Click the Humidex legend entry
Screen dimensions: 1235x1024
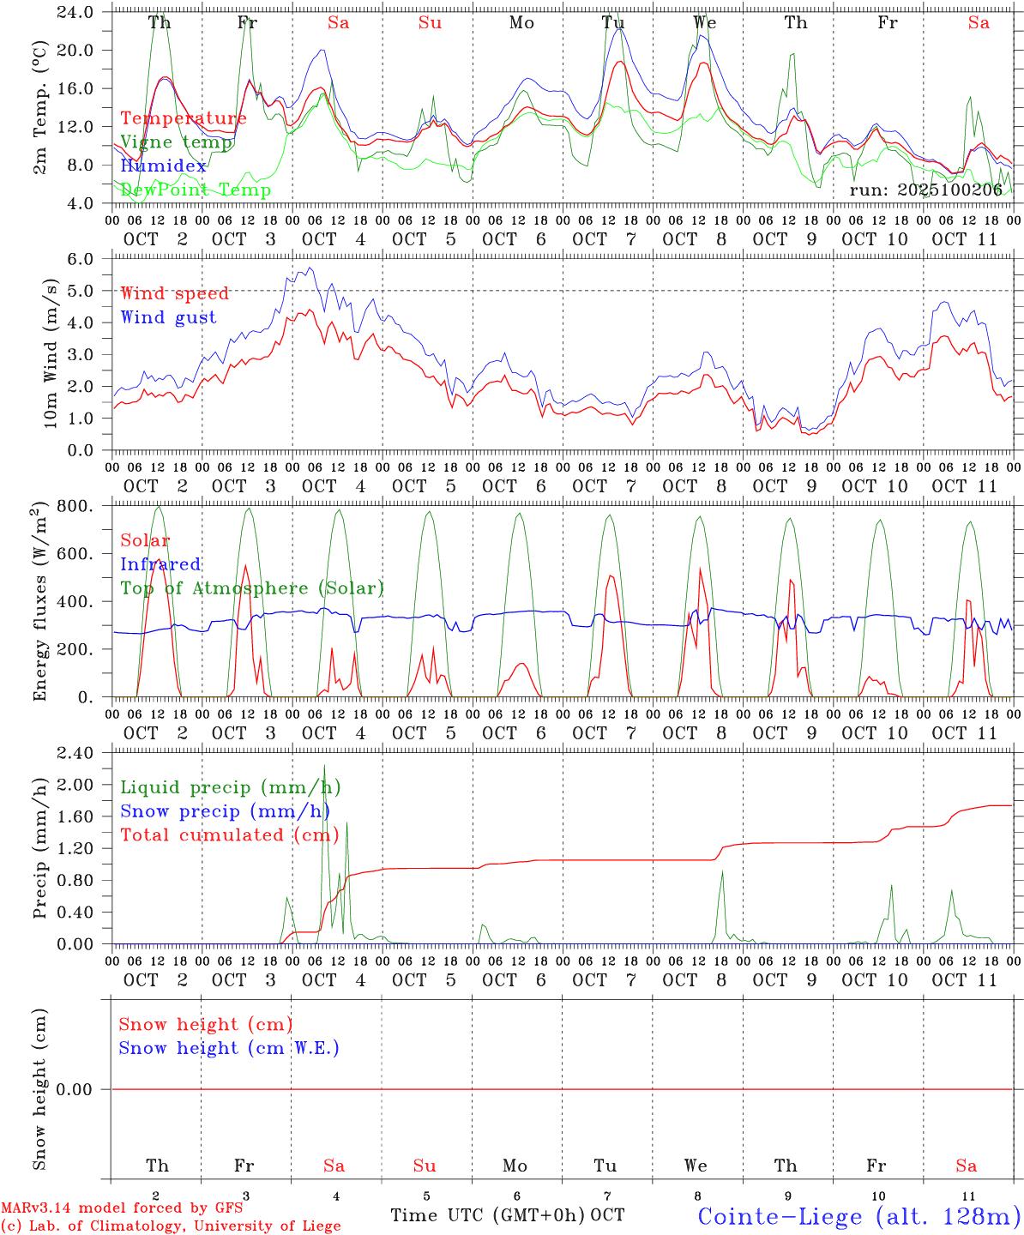click(163, 166)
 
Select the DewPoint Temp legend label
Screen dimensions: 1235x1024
click(196, 190)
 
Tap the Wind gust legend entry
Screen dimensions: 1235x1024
click(168, 317)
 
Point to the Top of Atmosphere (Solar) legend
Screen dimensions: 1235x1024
click(251, 588)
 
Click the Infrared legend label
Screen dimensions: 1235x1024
click(160, 564)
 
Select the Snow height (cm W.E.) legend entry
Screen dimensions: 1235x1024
click(228, 1048)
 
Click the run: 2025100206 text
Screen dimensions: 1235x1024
click(925, 190)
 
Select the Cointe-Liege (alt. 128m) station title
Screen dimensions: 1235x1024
click(858, 1216)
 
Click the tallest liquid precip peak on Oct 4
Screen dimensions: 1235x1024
click(324, 766)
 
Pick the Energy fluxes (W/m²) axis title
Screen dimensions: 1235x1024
click(39, 603)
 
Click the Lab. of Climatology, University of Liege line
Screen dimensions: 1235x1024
click(171, 1226)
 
